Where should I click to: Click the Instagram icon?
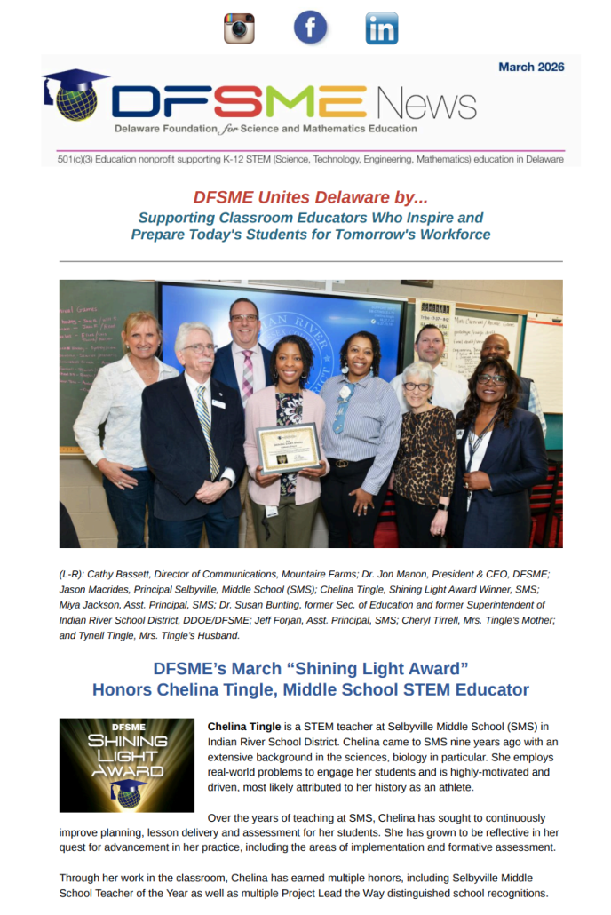(238, 28)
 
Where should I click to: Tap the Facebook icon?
(310, 28)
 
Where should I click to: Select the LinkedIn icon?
(382, 28)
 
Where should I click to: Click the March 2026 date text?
(531, 67)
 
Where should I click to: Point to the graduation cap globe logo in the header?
(75, 95)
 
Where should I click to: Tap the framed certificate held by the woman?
(288, 449)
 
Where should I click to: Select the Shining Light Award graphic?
(126, 765)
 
